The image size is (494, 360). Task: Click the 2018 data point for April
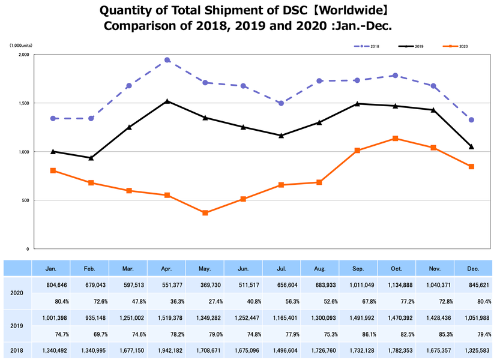(x=167, y=60)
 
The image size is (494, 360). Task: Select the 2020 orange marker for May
(x=205, y=213)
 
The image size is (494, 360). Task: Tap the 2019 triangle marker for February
(x=91, y=158)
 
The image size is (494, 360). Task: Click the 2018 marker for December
(x=472, y=120)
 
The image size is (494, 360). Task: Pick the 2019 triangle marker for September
(x=358, y=104)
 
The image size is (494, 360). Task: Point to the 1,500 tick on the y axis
(x=22, y=103)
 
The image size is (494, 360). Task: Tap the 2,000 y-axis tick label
(x=22, y=55)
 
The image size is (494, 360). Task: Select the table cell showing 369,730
(x=205, y=286)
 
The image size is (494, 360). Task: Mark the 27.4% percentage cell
(x=205, y=302)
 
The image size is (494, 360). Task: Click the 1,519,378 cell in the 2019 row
(x=167, y=318)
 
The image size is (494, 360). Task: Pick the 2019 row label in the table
(x=17, y=326)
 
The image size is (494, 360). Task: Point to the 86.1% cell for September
(x=358, y=334)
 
